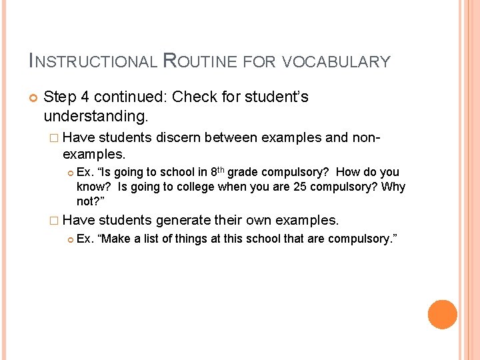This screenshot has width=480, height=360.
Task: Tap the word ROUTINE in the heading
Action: [199, 62]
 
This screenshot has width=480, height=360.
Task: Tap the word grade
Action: [245, 172]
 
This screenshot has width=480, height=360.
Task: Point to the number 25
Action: [299, 187]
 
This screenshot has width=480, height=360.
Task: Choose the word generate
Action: [184, 220]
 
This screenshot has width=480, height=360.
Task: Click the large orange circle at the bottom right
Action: [442, 314]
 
